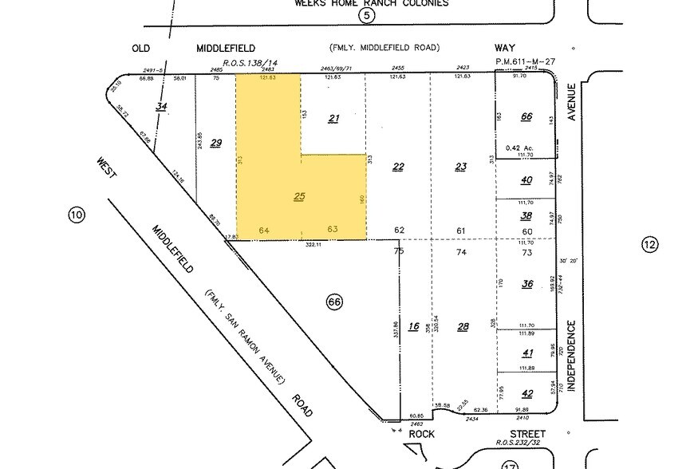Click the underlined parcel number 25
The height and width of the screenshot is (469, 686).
tap(299, 196)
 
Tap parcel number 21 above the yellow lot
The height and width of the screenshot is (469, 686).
tap(334, 119)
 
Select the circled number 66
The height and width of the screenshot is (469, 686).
tap(334, 301)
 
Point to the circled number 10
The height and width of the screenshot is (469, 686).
tap(77, 215)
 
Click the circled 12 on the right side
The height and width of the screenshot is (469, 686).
tap(650, 245)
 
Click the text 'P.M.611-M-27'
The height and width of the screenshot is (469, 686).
tap(525, 61)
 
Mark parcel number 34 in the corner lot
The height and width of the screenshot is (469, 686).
tap(162, 107)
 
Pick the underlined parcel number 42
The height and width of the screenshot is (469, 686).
tap(527, 393)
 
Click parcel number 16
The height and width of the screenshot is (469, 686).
tap(413, 326)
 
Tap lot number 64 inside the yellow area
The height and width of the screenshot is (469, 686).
tap(265, 231)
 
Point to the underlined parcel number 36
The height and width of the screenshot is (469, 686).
tap(527, 284)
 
